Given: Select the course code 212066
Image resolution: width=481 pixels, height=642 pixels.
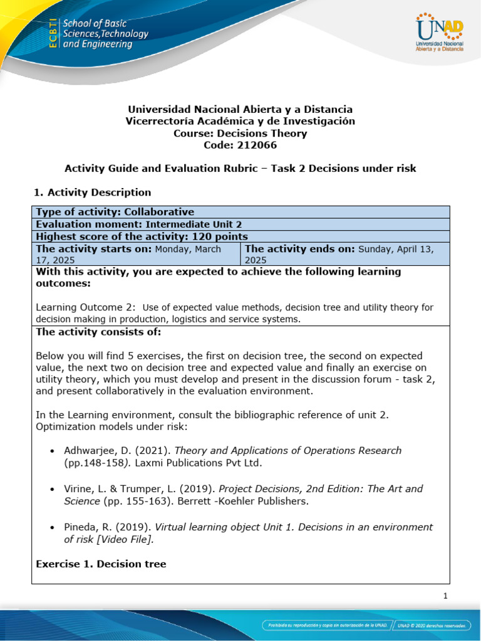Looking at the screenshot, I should pyautogui.click(x=240, y=145).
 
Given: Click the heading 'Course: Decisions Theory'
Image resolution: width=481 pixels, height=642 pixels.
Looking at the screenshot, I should pyautogui.click(x=240, y=133).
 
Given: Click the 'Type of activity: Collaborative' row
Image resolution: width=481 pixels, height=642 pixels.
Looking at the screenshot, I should pyautogui.click(x=115, y=212).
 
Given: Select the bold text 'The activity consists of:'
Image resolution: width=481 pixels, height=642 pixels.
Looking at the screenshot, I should pyautogui.click(x=98, y=332).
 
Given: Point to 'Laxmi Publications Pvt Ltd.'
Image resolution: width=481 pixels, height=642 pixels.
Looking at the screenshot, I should pyautogui.click(x=200, y=463).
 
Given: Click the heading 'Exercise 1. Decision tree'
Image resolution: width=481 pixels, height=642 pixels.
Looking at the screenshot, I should pyautogui.click(x=101, y=564).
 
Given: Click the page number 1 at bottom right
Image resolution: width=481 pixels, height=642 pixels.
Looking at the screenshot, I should pyautogui.click(x=445, y=596).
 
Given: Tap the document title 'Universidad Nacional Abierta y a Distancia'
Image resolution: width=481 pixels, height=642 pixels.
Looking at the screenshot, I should pyautogui.click(x=240, y=109).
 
